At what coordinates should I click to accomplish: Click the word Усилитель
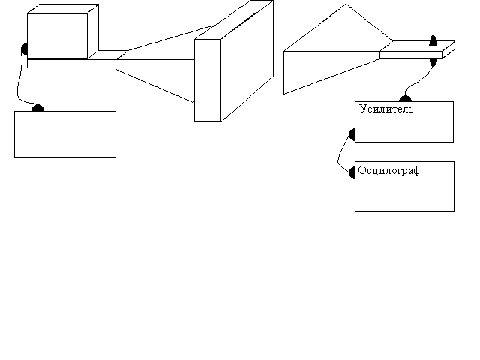[386, 109]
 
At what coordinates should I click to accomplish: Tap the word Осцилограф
[388, 170]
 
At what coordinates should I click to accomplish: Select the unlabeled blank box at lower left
[65, 135]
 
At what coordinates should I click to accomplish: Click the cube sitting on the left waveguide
[63, 33]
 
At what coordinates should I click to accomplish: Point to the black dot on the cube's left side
[25, 50]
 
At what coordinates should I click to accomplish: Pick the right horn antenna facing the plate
[330, 56]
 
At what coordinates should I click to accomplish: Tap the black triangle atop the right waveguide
[433, 41]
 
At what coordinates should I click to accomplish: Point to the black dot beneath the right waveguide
[433, 61]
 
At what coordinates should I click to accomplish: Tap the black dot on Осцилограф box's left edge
[352, 172]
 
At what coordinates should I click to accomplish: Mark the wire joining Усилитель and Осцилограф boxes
[340, 154]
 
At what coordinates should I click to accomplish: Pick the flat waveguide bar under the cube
[71, 63]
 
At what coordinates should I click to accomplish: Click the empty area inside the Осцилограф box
[405, 195]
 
